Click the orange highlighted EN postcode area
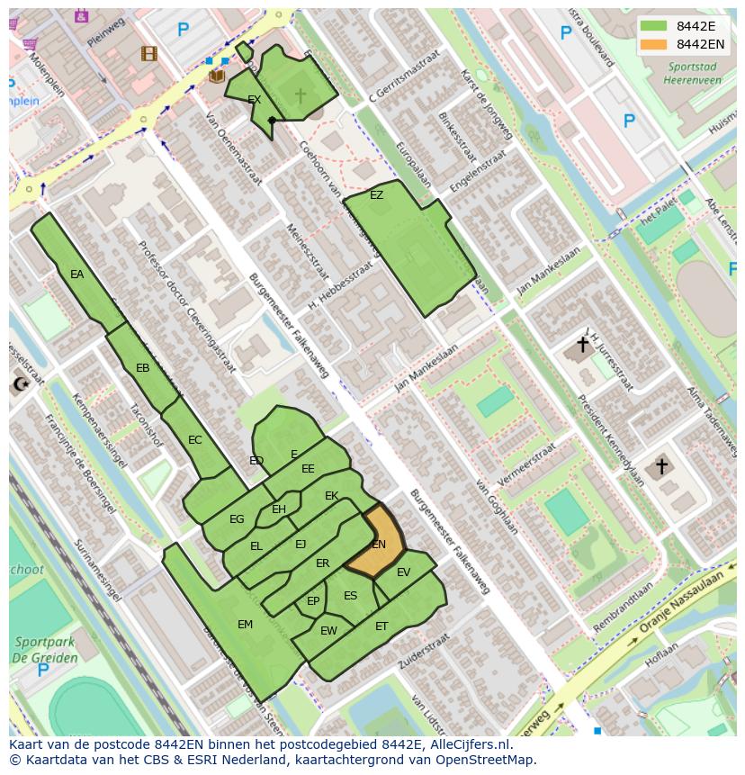click(377, 543)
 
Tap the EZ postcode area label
click(376, 195)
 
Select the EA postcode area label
click(76, 275)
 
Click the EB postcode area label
click(142, 368)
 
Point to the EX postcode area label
click(254, 100)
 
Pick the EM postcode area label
click(245, 625)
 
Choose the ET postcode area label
click(381, 626)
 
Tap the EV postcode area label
click(403, 572)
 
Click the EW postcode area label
click(328, 631)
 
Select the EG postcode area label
click(237, 519)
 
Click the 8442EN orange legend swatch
click(654, 44)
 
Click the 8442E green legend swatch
click(654, 26)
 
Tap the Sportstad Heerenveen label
click(693, 73)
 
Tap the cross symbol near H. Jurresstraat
click(582, 344)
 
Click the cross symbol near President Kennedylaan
click(661, 466)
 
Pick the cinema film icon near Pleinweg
click(148, 54)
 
